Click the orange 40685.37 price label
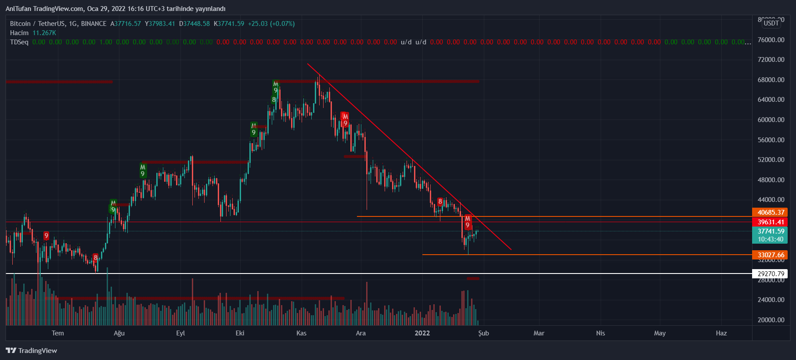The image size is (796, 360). pos(771,212)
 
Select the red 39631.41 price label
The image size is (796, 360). pos(771,222)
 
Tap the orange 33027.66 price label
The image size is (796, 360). pos(771,255)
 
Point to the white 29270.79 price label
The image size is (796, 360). pos(771,274)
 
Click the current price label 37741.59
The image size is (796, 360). pos(771,231)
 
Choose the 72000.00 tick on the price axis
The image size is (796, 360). pos(771,60)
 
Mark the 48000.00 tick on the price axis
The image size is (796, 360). pos(771,180)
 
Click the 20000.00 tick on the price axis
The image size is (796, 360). pos(771,320)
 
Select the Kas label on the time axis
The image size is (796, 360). pos(301,333)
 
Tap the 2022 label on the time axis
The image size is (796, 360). pos(422,333)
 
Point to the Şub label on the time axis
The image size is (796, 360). pos(483,333)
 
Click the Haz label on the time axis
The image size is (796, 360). pos(721,333)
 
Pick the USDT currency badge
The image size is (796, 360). pos(771,23)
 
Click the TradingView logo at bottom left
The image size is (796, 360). pos(32,350)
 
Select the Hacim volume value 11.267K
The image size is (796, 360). pos(44,33)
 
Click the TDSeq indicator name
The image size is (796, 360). pos(19,42)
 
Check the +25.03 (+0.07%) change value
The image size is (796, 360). pos(271,24)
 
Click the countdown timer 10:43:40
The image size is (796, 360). pos(771,239)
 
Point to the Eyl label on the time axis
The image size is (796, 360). pos(180,333)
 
